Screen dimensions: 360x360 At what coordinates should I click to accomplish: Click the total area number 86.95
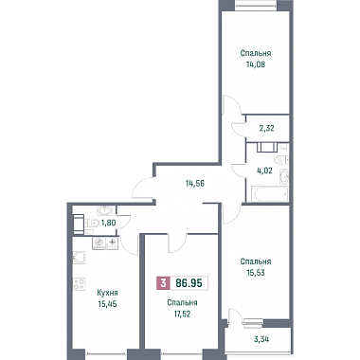[x=189, y=283]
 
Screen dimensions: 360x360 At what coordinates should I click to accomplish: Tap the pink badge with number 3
[x=163, y=283]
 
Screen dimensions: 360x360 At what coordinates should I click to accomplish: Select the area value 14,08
[x=256, y=64]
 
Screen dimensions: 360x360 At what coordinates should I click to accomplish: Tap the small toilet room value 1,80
[x=108, y=223]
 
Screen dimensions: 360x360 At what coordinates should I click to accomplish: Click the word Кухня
[x=107, y=293]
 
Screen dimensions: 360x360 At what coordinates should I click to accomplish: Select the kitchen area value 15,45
[x=107, y=304]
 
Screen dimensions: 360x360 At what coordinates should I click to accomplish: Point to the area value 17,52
[x=182, y=314]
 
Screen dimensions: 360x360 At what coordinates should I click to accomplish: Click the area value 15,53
[x=256, y=272]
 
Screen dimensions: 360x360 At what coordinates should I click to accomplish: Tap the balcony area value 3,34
[x=262, y=340]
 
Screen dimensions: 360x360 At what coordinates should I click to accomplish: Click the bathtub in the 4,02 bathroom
[x=270, y=193]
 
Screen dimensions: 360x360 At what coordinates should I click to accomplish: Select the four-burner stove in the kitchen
[x=79, y=283]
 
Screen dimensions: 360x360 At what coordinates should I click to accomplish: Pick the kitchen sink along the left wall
[x=79, y=258]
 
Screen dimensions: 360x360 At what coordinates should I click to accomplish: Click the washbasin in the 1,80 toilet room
[x=105, y=210]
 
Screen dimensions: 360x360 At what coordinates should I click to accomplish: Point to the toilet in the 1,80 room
[x=92, y=224]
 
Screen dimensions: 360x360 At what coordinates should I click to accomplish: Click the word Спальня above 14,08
[x=256, y=53]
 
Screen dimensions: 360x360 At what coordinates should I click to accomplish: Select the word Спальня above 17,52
[x=182, y=303]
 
